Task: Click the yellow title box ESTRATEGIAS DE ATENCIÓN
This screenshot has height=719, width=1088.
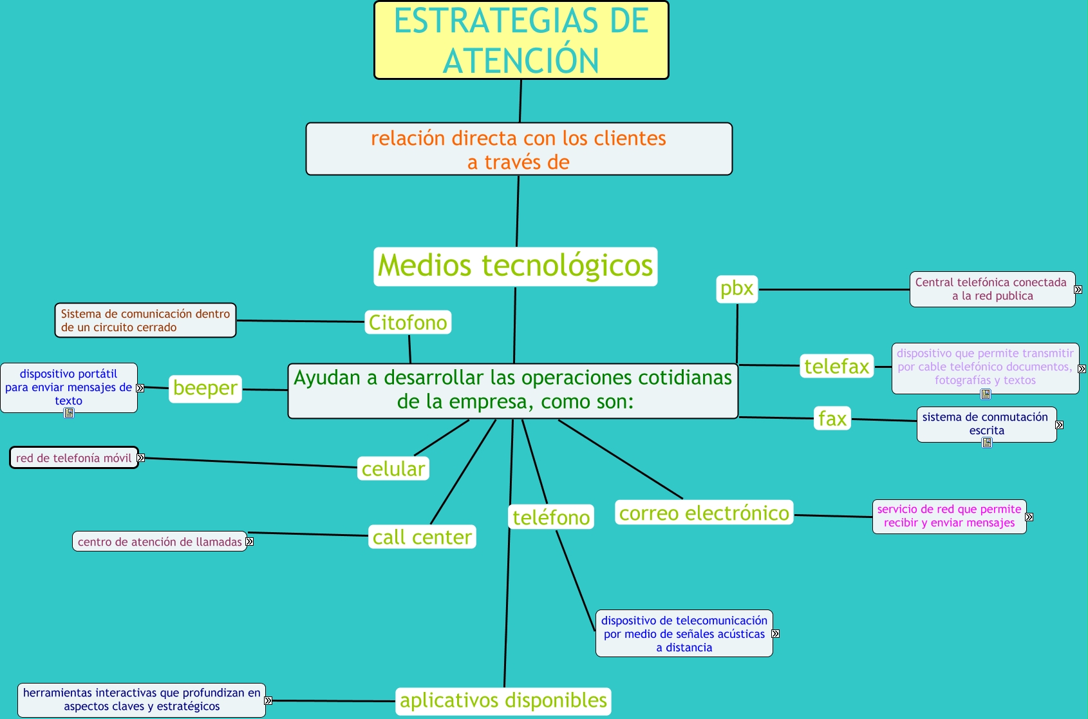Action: click(x=521, y=41)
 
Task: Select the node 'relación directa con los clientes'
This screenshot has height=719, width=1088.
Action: click(x=519, y=149)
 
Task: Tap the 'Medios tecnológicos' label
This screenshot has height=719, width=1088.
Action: click(x=515, y=266)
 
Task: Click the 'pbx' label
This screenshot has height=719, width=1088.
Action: click(x=736, y=289)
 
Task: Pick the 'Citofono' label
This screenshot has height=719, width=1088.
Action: click(x=408, y=322)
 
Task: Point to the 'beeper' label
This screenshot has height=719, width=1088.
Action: click(x=205, y=388)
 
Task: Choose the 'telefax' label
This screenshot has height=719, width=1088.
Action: click(x=836, y=366)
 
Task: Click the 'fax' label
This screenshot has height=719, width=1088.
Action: click(x=832, y=419)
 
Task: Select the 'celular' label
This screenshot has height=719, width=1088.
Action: click(x=393, y=469)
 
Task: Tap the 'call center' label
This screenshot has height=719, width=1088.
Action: click(x=422, y=537)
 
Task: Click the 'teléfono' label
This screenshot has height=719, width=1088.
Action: click(x=551, y=517)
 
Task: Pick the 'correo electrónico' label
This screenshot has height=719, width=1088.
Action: click(x=704, y=513)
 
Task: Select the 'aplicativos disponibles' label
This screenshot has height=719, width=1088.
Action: click(x=503, y=700)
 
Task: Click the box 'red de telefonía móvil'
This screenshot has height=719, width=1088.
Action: click(x=74, y=458)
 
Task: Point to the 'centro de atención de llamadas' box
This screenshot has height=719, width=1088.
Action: click(x=160, y=542)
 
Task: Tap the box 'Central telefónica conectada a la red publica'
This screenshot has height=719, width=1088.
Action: click(x=991, y=289)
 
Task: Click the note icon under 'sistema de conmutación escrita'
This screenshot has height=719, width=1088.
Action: click(x=987, y=443)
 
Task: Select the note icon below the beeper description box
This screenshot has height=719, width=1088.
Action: click(x=69, y=413)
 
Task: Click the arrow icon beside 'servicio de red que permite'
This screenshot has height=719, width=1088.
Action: click(x=1029, y=517)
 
